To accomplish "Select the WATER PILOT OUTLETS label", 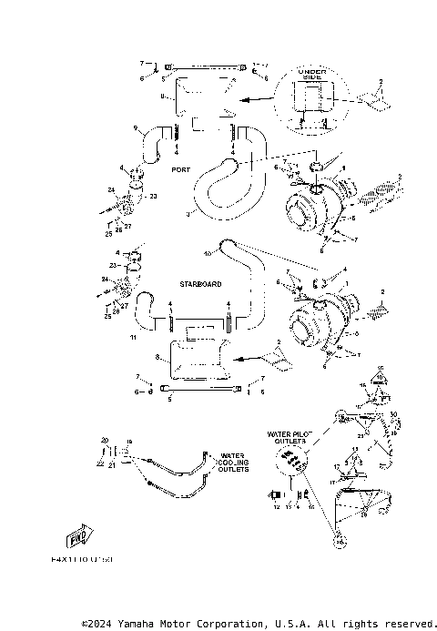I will pyautogui.click(x=290, y=439).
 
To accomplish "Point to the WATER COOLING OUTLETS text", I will pyautogui.click(x=231, y=463).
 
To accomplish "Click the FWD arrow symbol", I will pyautogui.click(x=81, y=536).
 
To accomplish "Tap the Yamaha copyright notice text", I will pyautogui.click(x=259, y=624).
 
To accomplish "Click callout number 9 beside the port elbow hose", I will pyautogui.click(x=136, y=128).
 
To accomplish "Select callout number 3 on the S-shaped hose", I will pyautogui.click(x=187, y=215).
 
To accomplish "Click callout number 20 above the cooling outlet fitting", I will pyautogui.click(x=104, y=439).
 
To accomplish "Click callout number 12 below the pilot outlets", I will pyautogui.click(x=277, y=507).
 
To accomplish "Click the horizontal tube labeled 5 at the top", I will pyautogui.click(x=206, y=67).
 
